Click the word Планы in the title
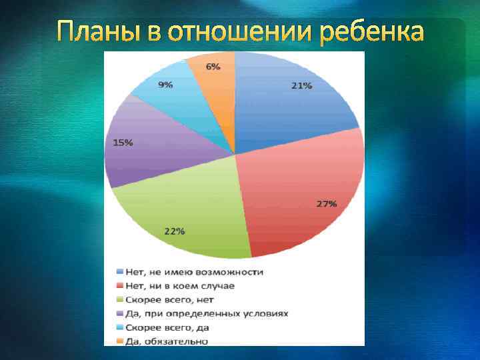(100, 31)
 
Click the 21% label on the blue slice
(301, 87)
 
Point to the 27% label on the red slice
(326, 203)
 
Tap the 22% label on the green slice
(174, 231)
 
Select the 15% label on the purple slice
(122, 143)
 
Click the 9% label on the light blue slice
(165, 85)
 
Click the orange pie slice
(217, 100)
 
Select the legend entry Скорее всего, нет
(168, 300)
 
